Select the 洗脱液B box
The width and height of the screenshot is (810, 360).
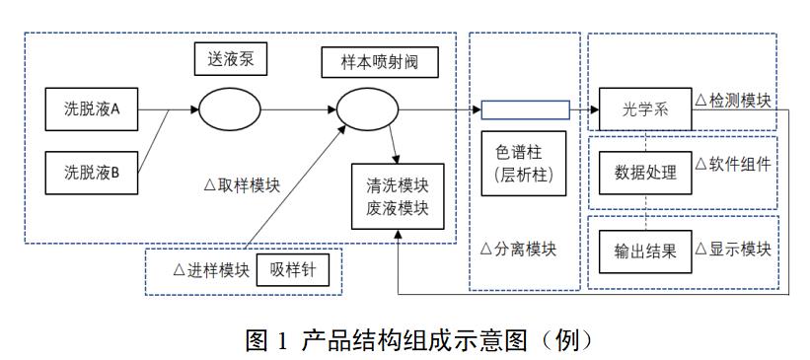(92, 174)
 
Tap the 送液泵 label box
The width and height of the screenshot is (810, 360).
(232, 60)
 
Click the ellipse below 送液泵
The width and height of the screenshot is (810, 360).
(230, 108)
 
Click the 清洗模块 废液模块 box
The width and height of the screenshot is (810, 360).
(397, 195)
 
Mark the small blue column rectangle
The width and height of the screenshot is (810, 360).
(525, 109)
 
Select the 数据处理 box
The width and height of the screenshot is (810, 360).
(645, 173)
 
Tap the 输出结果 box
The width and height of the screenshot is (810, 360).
(645, 251)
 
